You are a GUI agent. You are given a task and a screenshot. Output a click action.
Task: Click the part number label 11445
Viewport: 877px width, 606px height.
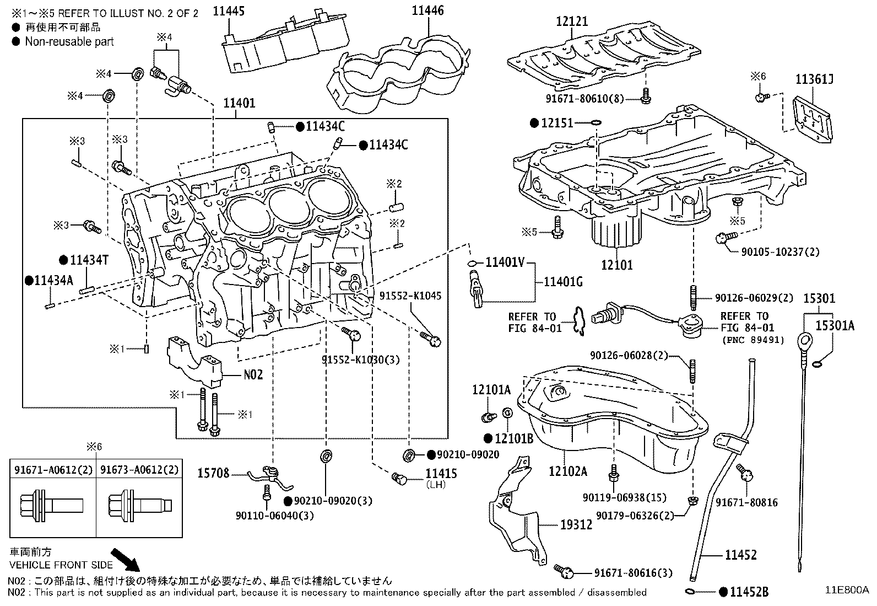(229, 11)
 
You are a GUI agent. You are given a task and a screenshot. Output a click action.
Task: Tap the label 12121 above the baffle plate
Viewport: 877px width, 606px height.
(571, 22)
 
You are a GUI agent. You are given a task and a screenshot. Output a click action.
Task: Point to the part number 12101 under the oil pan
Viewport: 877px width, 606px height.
(616, 265)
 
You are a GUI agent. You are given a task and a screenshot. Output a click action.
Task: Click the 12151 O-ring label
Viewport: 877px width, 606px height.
(557, 123)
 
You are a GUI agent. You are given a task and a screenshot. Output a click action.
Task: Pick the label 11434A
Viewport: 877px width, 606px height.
(53, 280)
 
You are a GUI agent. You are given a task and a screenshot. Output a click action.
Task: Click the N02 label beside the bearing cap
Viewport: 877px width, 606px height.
(253, 374)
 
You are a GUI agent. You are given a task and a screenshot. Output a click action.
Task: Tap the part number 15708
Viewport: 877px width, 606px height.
(213, 473)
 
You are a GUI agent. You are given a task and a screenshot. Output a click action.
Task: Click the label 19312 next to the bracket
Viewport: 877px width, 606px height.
(576, 524)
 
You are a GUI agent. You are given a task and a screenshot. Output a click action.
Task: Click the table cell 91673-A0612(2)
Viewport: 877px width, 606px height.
(140, 469)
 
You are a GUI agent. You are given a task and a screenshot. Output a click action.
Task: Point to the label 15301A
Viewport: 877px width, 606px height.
(834, 326)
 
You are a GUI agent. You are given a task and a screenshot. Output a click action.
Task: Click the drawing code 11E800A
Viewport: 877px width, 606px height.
(846, 589)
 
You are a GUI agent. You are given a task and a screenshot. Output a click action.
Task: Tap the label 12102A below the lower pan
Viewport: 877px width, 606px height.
(567, 471)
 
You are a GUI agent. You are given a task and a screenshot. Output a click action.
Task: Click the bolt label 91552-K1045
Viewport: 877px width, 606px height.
(410, 296)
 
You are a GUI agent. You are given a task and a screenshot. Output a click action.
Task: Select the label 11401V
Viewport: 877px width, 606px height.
(505, 262)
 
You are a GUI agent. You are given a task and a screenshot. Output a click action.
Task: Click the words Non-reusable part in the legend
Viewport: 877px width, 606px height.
(69, 41)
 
